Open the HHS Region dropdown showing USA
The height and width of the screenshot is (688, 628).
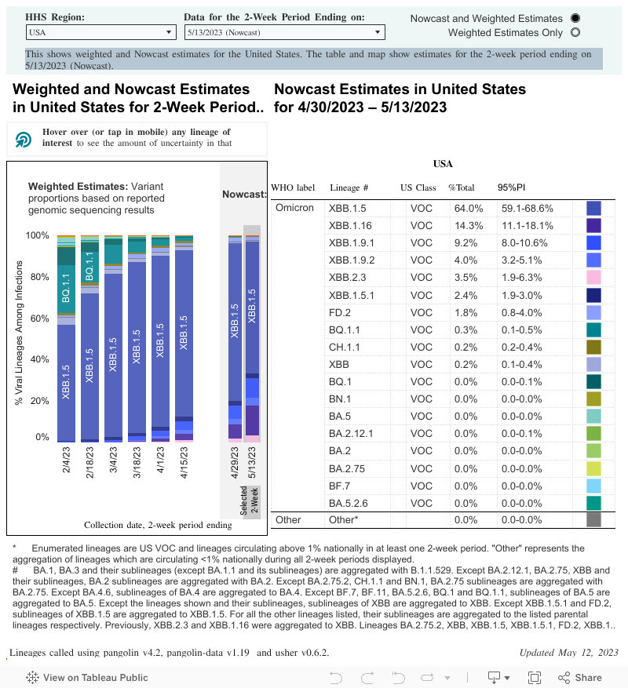[x=100, y=32]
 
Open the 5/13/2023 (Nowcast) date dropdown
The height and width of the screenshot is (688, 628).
[x=285, y=32]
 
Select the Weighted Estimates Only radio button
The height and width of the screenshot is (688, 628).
[x=575, y=32]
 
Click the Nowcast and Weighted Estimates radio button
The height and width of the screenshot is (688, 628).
[x=575, y=18]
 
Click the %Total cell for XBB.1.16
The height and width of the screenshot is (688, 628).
[x=468, y=225]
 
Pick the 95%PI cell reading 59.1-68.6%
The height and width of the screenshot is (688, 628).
[x=527, y=209]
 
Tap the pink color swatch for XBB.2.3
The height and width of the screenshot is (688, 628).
[x=593, y=277]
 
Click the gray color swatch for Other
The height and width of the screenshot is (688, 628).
[x=593, y=520]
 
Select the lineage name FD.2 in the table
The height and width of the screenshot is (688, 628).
[x=339, y=313]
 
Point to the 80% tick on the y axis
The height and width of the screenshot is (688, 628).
[x=39, y=277]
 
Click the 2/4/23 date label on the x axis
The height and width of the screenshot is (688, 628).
[x=66, y=460]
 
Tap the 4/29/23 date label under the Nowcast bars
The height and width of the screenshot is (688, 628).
[x=235, y=463]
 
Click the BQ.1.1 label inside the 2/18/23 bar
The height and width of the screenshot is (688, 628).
[x=89, y=267]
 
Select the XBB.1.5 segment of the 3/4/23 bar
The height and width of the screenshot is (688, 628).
[x=113, y=355]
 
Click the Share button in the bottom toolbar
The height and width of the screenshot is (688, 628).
[x=579, y=678]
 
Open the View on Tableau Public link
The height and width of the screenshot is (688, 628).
[x=87, y=678]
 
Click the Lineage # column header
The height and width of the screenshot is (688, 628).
[x=349, y=187]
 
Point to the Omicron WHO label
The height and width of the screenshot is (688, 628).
[x=294, y=208]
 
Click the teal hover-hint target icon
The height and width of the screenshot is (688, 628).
[x=24, y=140]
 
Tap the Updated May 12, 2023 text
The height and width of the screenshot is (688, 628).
[x=568, y=653]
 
